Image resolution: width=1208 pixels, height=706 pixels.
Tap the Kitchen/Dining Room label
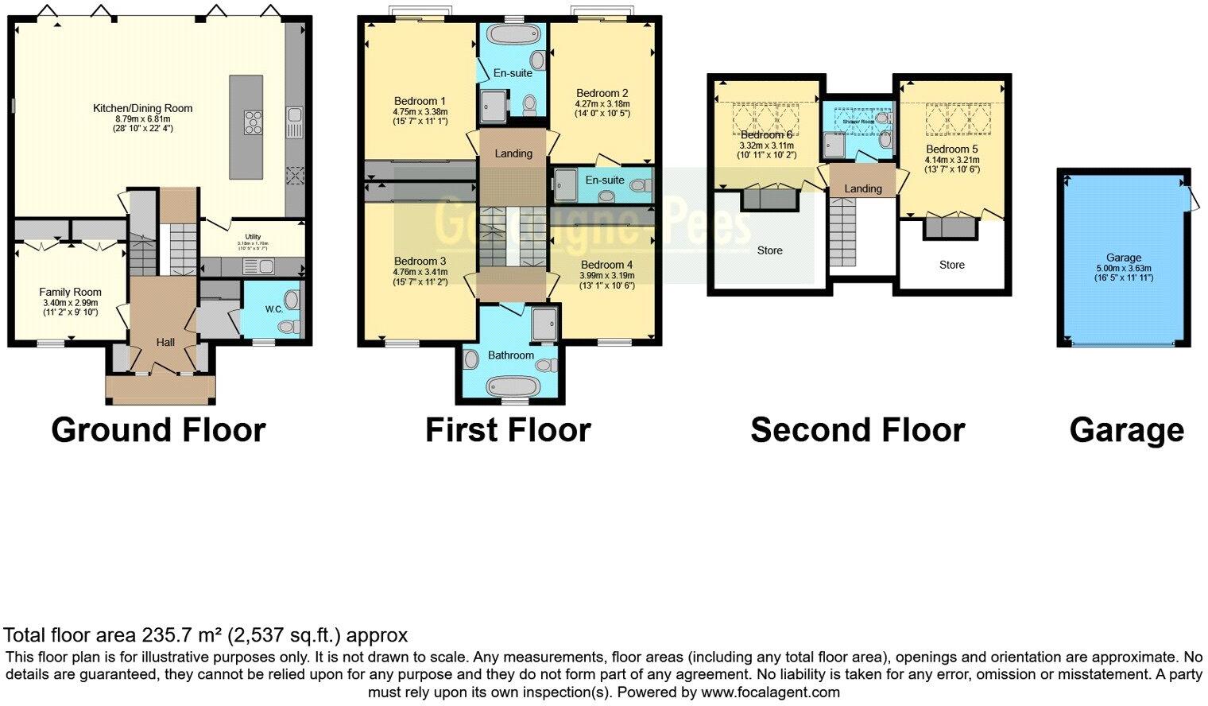(143, 108)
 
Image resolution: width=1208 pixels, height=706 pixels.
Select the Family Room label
(71, 292)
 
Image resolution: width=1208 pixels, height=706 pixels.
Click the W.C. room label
(274, 308)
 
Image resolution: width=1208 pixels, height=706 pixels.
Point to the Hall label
(165, 342)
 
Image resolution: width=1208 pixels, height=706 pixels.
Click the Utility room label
(253, 237)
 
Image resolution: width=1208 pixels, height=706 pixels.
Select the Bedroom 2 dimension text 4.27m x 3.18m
(602, 103)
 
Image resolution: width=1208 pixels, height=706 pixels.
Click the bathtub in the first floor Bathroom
(512, 387)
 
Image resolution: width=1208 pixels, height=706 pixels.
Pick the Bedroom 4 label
(607, 265)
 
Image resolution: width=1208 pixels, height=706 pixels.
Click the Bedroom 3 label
(420, 261)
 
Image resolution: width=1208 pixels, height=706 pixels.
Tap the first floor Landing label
(513, 153)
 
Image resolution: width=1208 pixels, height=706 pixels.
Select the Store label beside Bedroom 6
(769, 250)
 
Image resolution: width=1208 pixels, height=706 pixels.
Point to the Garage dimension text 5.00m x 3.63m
(1124, 268)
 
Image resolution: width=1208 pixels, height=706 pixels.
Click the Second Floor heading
(858, 430)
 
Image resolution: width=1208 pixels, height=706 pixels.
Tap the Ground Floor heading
(158, 430)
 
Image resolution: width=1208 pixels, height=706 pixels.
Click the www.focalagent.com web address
(770, 692)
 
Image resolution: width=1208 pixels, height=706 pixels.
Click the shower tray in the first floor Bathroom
(544, 323)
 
